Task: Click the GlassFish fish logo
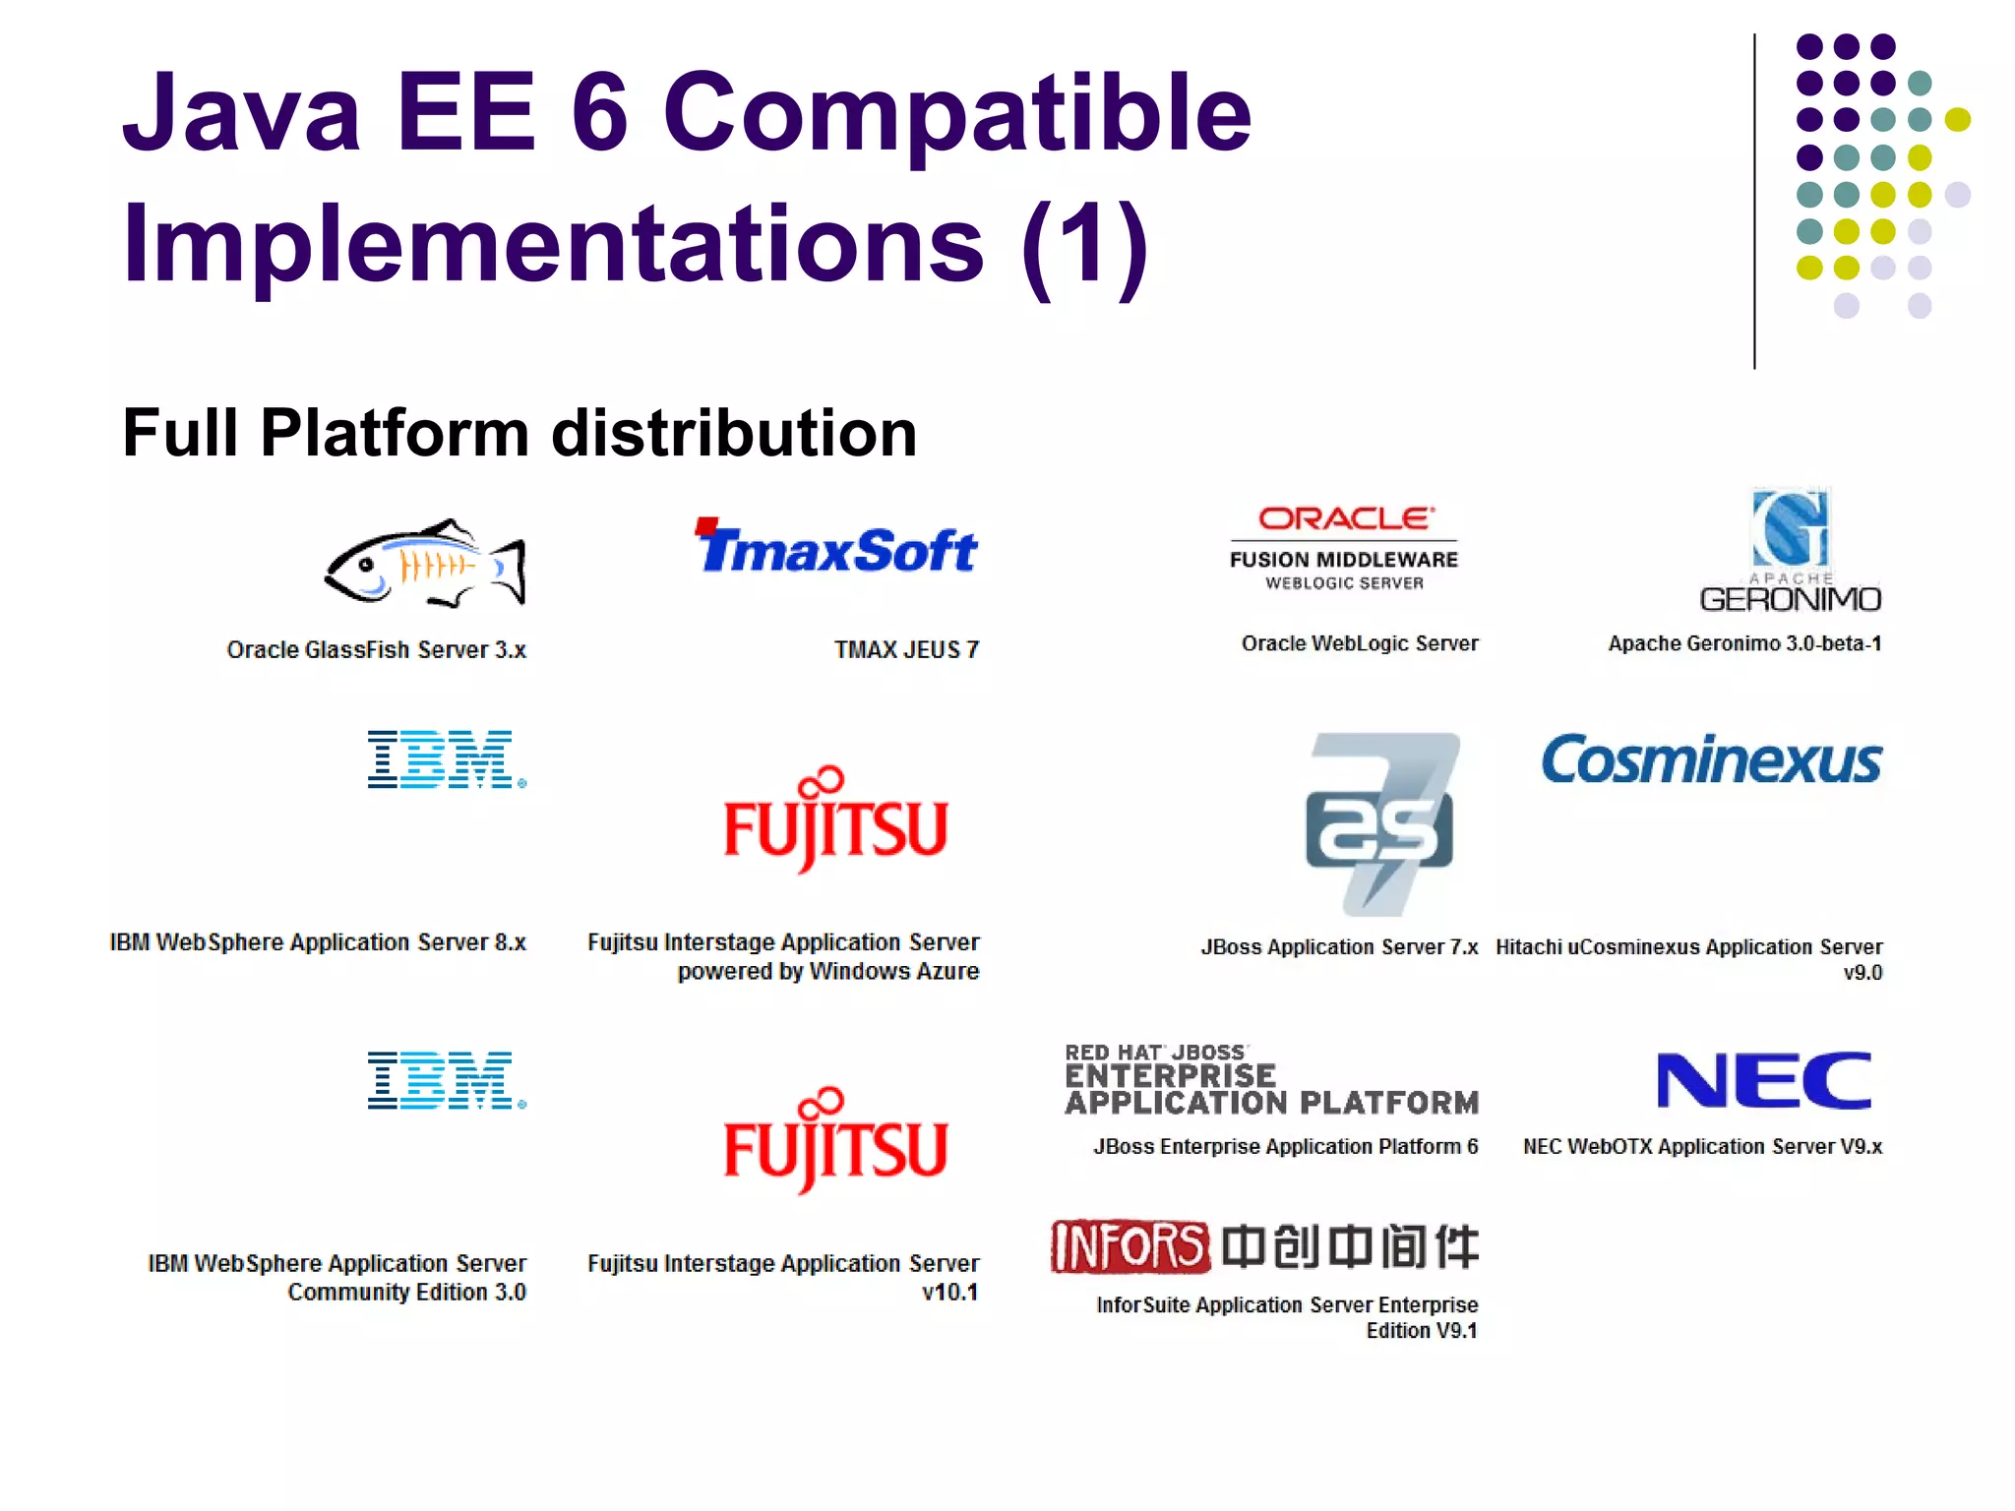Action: [x=425, y=564]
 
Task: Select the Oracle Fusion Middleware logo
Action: [x=1344, y=548]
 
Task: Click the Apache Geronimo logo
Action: [x=1791, y=551]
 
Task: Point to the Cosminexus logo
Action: [x=1711, y=760]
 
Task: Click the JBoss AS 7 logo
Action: [x=1381, y=822]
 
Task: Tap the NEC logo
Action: [x=1764, y=1080]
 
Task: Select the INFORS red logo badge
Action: [x=1130, y=1246]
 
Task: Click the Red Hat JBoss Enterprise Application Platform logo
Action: [x=1271, y=1080]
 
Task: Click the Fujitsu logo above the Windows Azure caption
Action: [x=835, y=820]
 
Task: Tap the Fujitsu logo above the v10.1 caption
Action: [x=835, y=1142]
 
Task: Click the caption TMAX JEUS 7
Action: [x=906, y=650]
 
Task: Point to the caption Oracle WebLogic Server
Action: [x=1360, y=643]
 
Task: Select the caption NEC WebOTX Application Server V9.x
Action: [x=1702, y=1147]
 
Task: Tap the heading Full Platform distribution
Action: [x=519, y=433]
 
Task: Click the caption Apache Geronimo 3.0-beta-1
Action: [x=1744, y=643]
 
